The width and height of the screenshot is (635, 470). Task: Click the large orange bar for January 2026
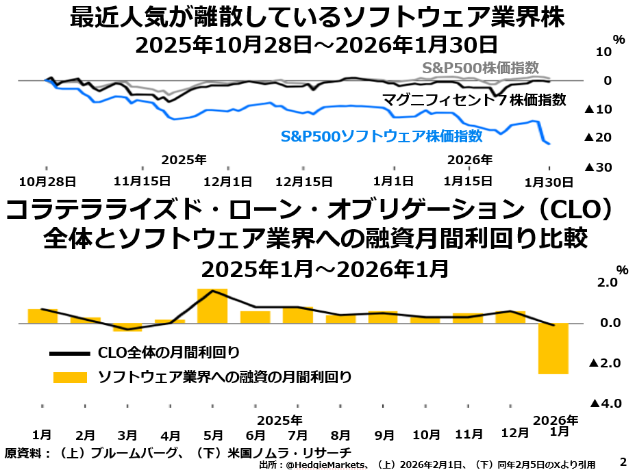coord(553,348)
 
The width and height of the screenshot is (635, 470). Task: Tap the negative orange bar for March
coord(127,327)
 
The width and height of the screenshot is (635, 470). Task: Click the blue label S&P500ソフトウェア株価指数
coord(382,136)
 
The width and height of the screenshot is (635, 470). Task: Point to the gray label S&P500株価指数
coord(490,68)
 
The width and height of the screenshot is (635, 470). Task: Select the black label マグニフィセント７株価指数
coord(474,100)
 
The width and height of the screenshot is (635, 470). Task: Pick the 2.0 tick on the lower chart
coord(608,282)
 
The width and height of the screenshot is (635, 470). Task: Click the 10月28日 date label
coord(47,181)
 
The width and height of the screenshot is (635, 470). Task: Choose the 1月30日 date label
coord(549,181)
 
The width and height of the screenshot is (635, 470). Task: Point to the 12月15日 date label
coord(303,181)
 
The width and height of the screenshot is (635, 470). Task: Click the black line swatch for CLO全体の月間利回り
coord(69,353)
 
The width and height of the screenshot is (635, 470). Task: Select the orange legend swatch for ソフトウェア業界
coord(69,377)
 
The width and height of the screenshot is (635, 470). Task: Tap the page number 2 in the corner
coord(623,462)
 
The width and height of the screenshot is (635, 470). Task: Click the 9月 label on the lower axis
coord(384,434)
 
